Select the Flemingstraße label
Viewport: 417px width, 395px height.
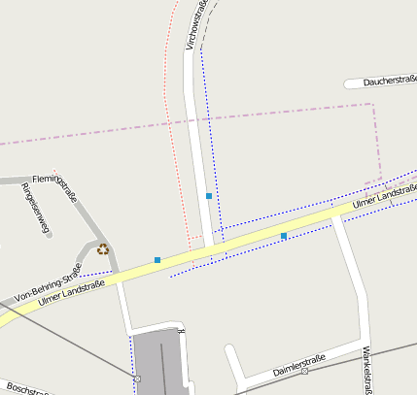[x=54, y=188]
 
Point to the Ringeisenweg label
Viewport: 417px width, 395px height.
[x=35, y=208]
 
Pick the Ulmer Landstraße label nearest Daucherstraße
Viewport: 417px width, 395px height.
[x=385, y=196]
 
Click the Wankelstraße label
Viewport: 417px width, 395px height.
[x=367, y=371]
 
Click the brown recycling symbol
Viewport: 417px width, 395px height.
[x=103, y=249]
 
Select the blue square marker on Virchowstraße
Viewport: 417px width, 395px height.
[x=209, y=196]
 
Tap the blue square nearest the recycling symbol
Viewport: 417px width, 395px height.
[x=157, y=260]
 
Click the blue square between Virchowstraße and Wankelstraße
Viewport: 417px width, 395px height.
[x=284, y=236]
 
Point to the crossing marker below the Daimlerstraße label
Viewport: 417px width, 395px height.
[x=304, y=371]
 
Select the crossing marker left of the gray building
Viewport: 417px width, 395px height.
[x=137, y=378]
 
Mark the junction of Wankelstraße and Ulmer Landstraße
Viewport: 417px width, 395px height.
[x=336, y=215]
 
